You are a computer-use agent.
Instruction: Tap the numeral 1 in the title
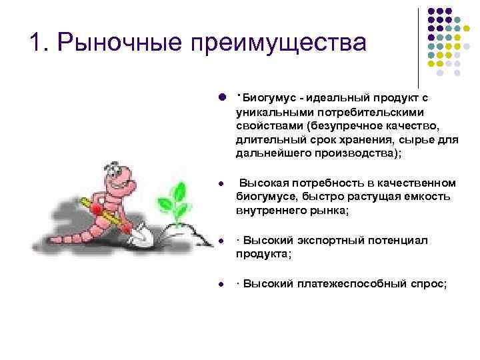[37, 43]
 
